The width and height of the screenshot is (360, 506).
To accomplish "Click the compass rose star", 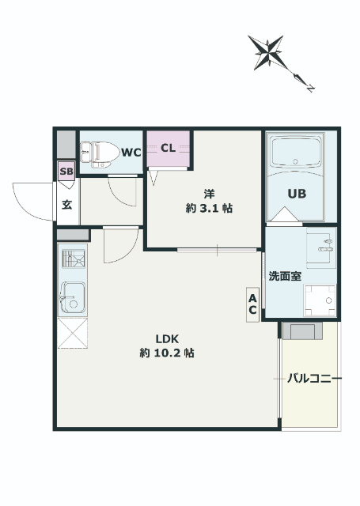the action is pos(267,53).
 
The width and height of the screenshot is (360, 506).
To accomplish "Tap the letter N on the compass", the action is pos(310,88).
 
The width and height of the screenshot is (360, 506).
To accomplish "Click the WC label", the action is pos(131,153).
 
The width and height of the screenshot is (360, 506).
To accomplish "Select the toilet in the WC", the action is pos(100,154).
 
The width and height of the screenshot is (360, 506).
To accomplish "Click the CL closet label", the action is pos(168,148).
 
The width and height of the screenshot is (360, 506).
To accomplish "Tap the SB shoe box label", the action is pos(66,172).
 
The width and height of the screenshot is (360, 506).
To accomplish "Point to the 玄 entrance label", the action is pos(66,205).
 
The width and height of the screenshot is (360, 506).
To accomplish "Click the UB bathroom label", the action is pos(297,194).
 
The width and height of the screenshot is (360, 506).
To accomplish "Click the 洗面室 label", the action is pos(285,276).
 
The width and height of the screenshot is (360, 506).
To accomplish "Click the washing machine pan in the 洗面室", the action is pos(320,300).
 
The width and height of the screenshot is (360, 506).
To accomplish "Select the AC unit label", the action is pos(252,304).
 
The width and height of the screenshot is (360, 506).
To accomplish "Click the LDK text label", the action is pos(167,339).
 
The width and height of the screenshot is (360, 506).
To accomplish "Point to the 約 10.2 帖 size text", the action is pos(167,353).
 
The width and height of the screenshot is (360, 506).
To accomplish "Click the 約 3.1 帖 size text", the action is pos(209,208).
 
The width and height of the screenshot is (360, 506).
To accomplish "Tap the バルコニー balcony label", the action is pos(314,378).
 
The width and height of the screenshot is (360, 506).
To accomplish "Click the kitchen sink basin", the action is pos(73,297).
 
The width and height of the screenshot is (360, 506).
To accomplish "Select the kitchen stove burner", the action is pos(74,259).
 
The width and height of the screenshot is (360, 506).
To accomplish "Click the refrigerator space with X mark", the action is pos(73,333).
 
